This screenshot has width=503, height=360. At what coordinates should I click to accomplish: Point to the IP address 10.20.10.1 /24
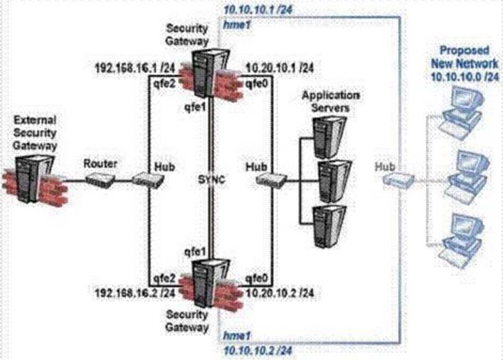click(280, 68)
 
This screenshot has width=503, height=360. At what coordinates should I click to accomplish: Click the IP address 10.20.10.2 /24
click(280, 292)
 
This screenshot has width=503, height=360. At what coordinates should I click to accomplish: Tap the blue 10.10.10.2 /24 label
click(251, 350)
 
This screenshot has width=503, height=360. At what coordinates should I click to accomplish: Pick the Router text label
click(95, 162)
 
